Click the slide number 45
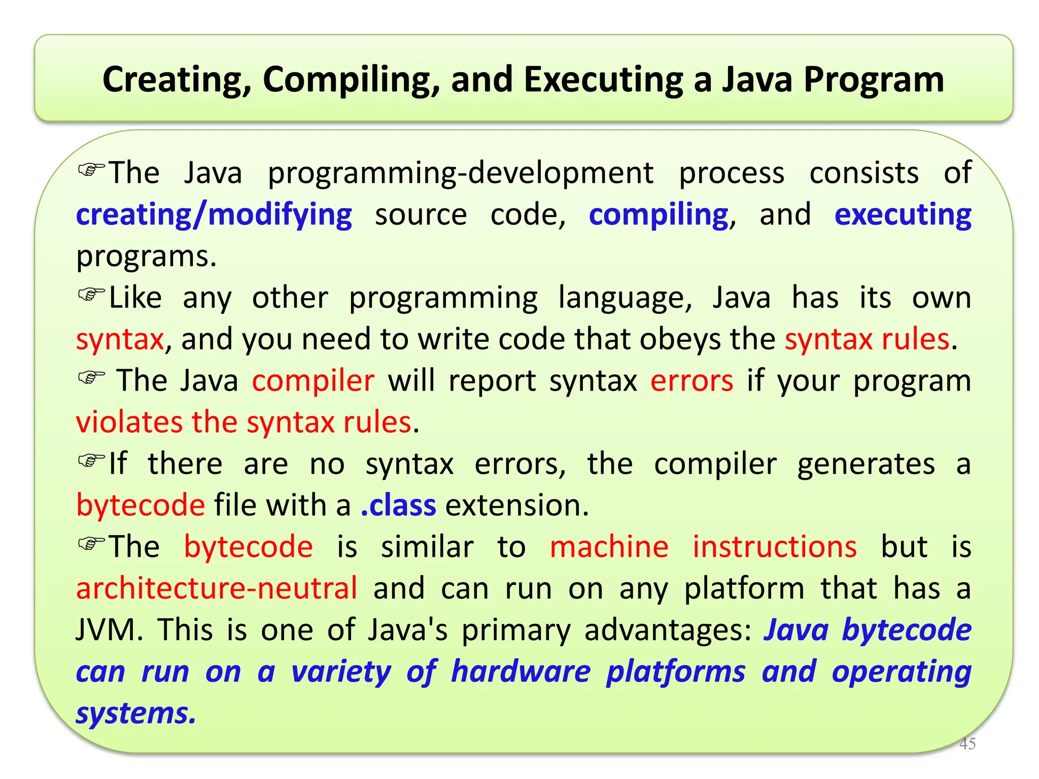point(967,743)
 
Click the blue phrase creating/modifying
point(214,215)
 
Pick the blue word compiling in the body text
point(658,215)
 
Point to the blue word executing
point(903,215)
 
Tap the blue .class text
point(398,506)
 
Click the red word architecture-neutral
point(217,588)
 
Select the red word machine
point(609,547)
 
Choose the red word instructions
point(775,547)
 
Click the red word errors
point(691,381)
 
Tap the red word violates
point(129,422)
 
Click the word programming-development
point(460,173)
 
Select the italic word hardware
point(521,671)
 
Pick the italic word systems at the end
point(135,713)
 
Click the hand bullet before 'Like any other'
point(91,294)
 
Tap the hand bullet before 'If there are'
point(91,461)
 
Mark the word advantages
point(667,630)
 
